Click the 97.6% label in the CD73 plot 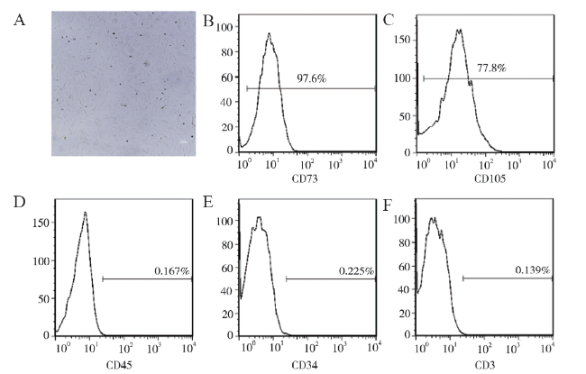tap(311, 79)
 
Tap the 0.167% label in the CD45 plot tap(173, 271)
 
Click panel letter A tap(20, 20)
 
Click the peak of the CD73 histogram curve tap(269, 34)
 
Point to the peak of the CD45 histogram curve tap(85, 213)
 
